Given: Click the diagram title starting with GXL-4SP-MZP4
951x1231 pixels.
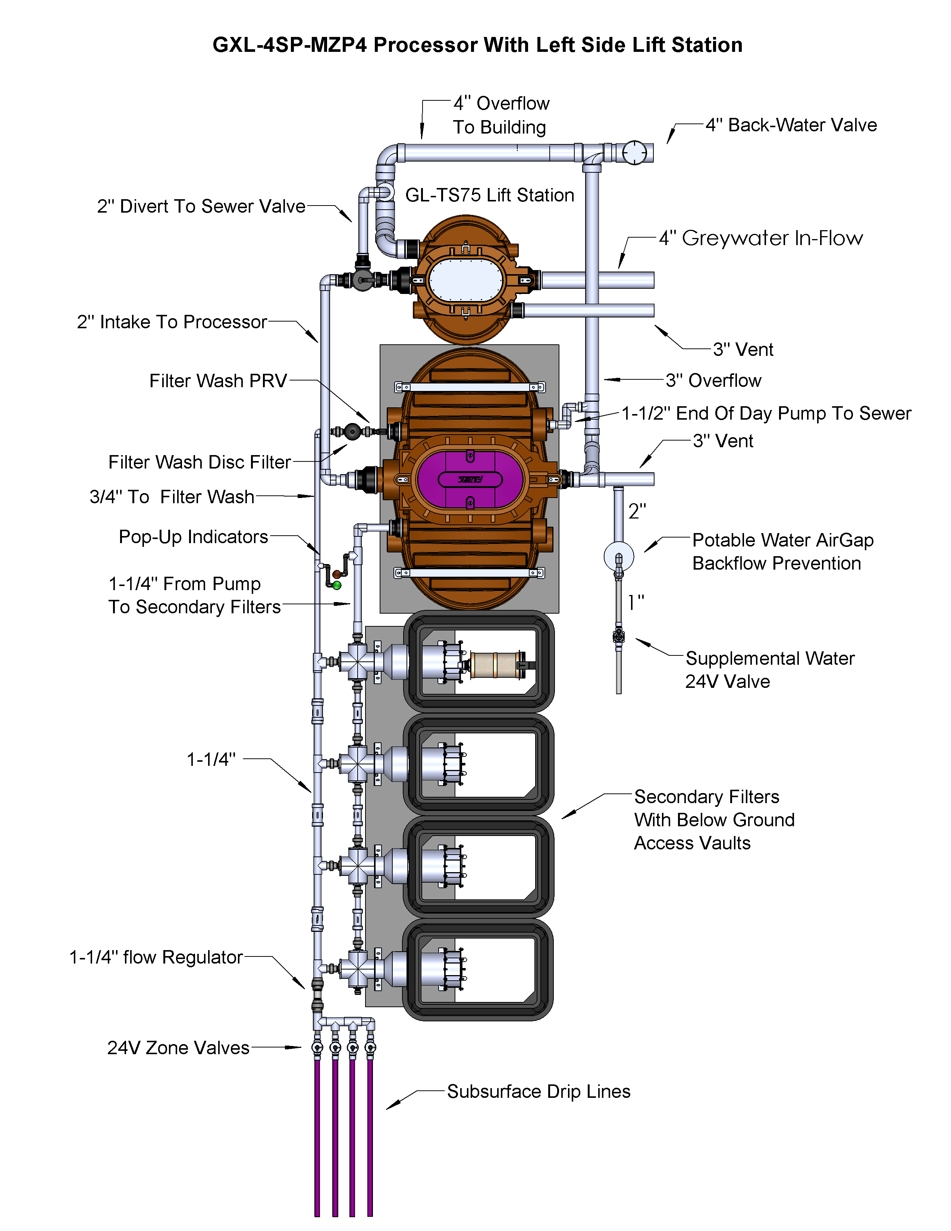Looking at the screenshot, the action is coord(477,45).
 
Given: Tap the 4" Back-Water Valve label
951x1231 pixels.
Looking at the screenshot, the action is coord(791,125).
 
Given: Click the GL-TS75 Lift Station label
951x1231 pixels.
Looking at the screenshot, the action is coord(490,195).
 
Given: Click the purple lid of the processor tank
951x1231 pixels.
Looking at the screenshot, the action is coord(470,479).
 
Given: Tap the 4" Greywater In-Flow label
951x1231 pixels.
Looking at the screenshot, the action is coord(760,238).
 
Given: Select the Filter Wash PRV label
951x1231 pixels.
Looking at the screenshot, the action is coord(218,381).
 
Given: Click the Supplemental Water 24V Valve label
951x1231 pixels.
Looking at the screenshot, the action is coord(770,670).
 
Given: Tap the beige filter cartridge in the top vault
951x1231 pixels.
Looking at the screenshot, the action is coord(495,665).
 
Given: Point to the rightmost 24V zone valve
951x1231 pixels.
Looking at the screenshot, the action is coord(370,1047).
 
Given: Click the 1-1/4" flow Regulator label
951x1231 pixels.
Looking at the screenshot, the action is coord(156,957).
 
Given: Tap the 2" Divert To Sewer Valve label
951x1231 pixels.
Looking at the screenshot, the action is coord(201,206).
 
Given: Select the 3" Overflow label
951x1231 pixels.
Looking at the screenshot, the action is coord(713,380).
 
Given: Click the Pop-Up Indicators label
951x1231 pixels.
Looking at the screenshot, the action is coord(193,537).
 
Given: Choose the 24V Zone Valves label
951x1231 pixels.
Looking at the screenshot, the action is coord(178,1048).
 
